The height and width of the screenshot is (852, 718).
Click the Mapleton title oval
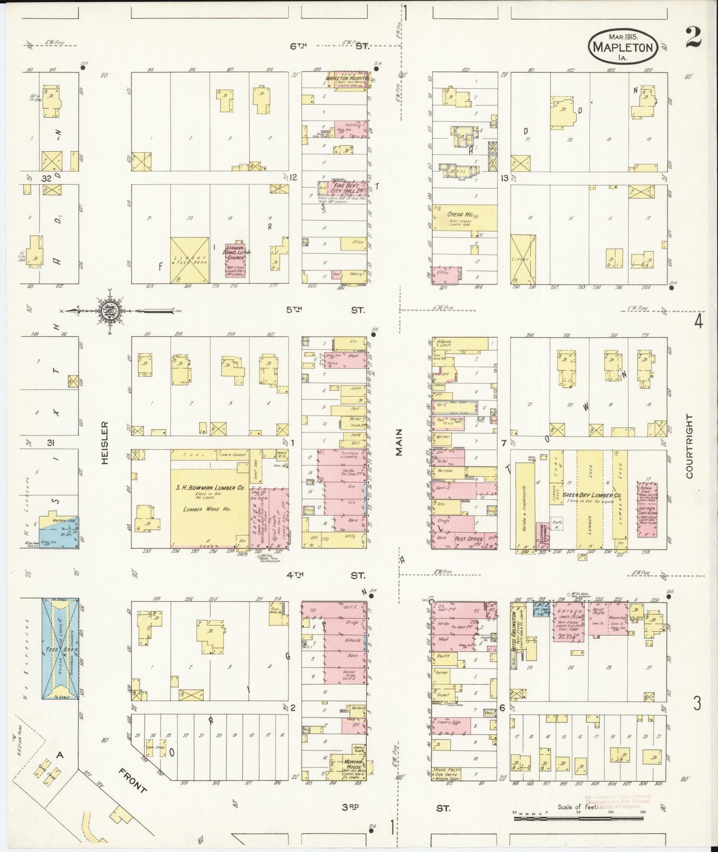624,47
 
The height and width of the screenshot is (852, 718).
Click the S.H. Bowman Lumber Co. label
210,489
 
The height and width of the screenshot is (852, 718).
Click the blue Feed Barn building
60,649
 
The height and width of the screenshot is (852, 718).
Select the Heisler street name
104,443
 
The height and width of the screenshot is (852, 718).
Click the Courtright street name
689,446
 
